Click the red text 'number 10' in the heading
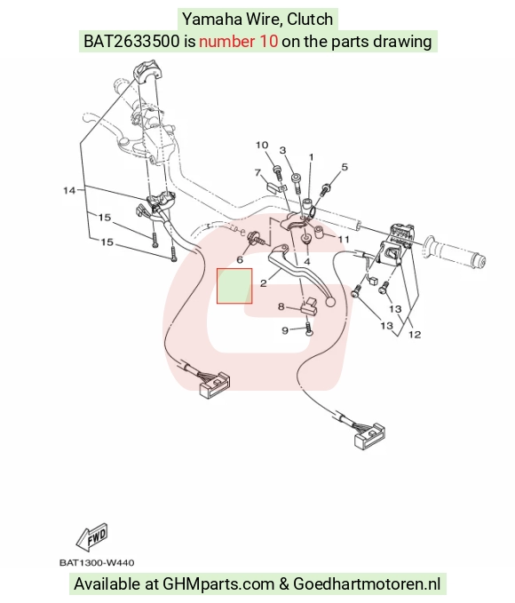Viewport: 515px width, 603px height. tap(239, 41)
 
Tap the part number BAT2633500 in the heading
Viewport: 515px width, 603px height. tap(131, 41)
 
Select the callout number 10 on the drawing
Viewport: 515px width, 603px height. tap(262, 145)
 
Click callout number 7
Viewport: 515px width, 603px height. tap(257, 172)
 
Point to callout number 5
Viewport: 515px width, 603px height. tap(345, 167)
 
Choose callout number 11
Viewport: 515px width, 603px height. tap(344, 239)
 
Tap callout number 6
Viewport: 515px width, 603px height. tap(240, 260)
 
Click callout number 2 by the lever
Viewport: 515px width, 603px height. tap(263, 283)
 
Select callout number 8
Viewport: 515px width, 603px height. tap(281, 306)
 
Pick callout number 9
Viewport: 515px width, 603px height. tap(285, 330)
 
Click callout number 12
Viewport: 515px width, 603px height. tap(415, 334)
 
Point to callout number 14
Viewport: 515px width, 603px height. tap(69, 190)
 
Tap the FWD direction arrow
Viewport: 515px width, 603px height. tap(92, 536)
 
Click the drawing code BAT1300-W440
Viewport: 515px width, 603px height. tap(97, 563)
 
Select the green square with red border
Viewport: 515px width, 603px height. tap(234, 286)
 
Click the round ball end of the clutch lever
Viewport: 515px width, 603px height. tap(330, 302)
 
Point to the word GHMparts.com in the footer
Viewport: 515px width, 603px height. tap(218, 583)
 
